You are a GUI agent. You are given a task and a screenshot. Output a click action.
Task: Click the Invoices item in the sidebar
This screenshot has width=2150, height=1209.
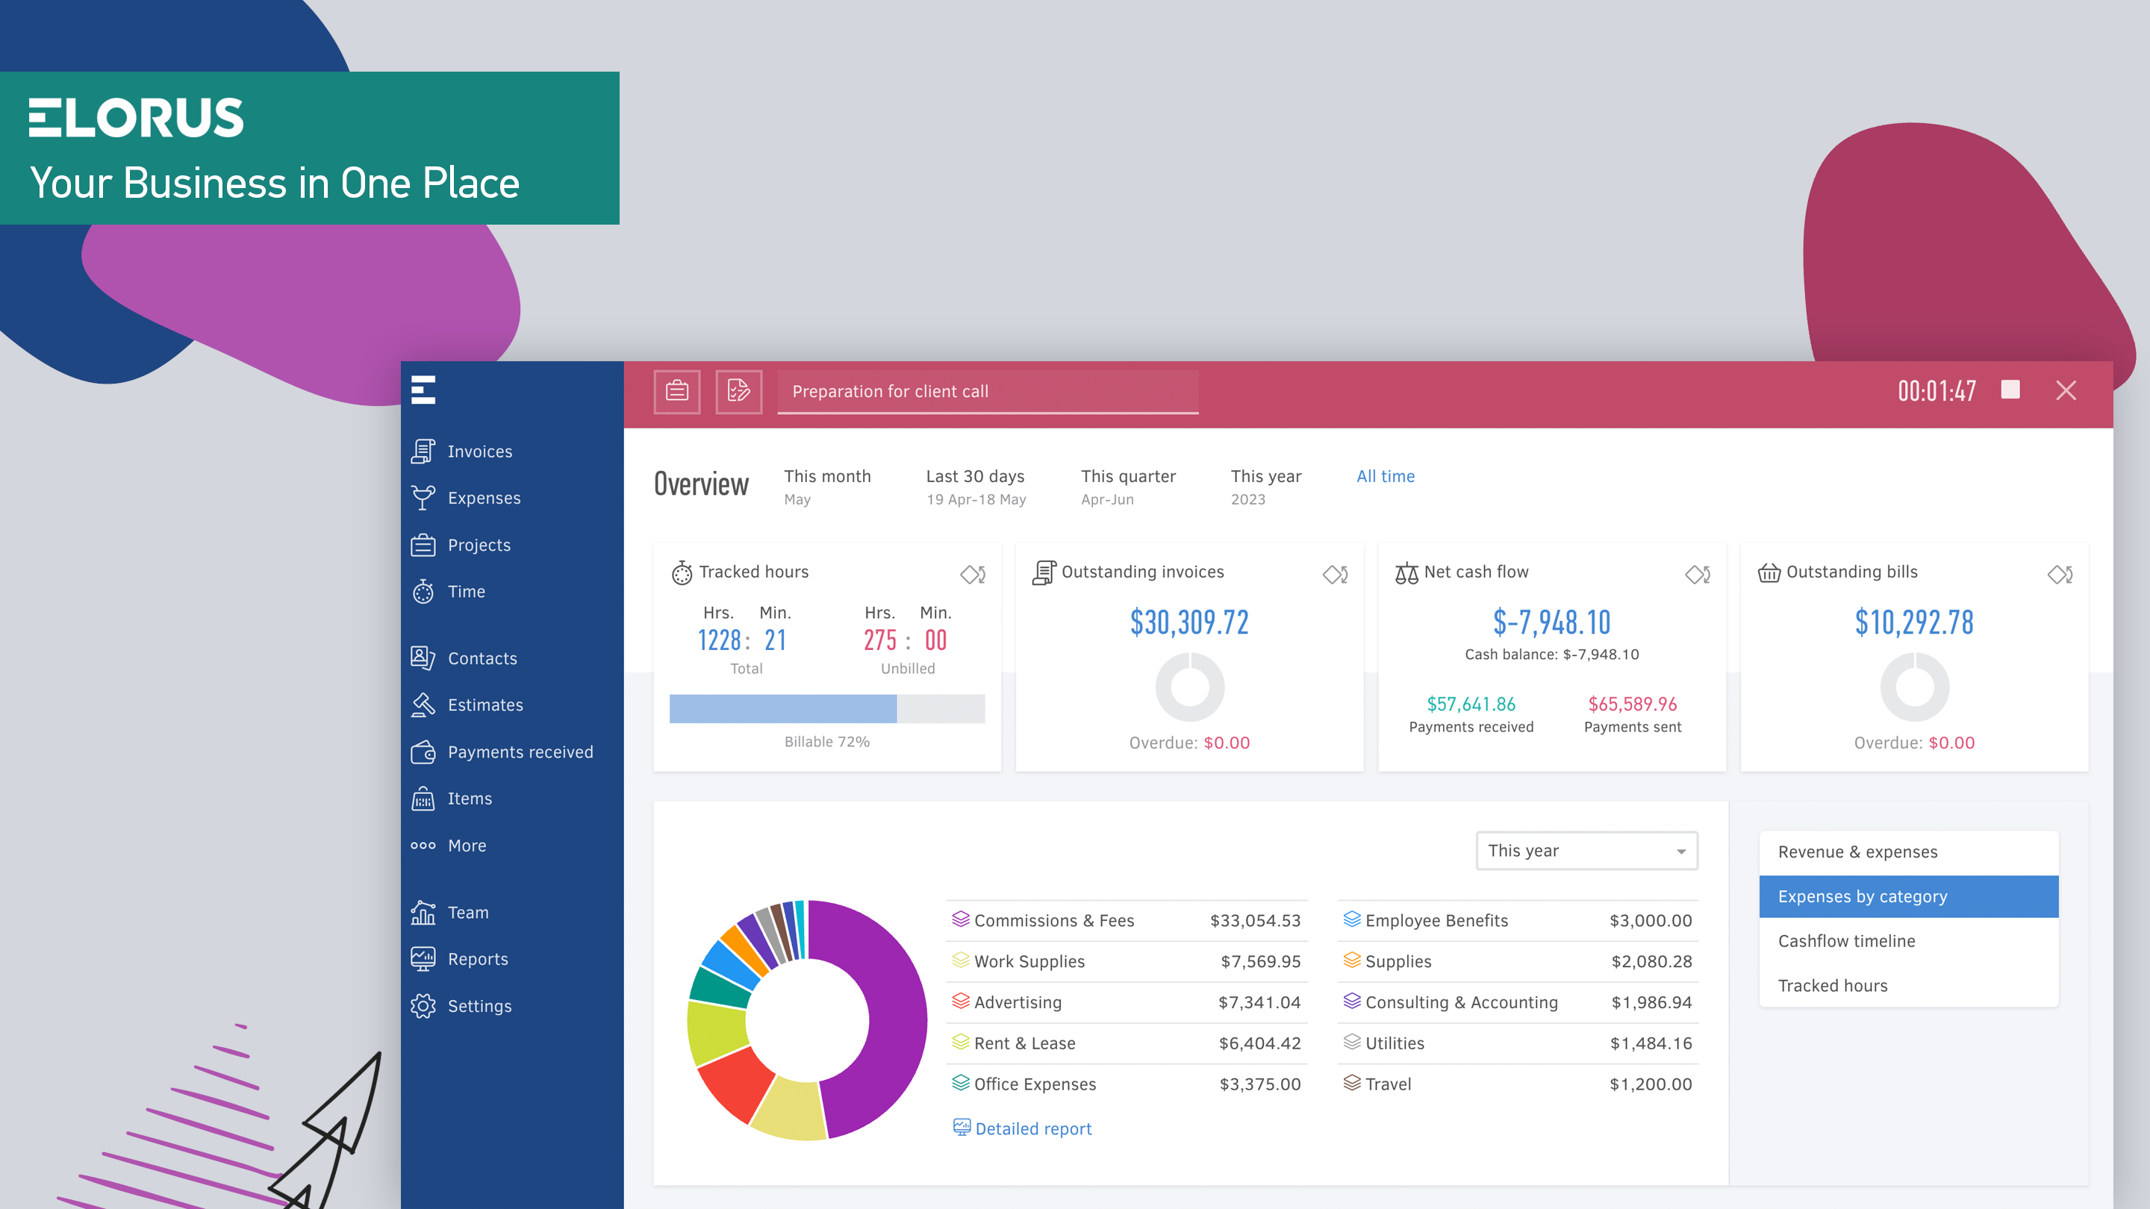[x=479, y=452]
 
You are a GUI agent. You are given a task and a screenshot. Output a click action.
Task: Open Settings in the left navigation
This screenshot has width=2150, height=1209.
[x=479, y=1006]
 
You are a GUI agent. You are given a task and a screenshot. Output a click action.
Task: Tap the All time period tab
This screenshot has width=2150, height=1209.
[x=1385, y=476]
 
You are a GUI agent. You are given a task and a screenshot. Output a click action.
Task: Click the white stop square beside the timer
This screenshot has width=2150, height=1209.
[x=2010, y=390]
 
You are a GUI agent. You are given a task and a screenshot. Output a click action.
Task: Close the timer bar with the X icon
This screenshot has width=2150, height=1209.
[x=2066, y=390]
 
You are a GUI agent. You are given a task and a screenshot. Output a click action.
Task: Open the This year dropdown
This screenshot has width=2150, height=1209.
[x=1586, y=850]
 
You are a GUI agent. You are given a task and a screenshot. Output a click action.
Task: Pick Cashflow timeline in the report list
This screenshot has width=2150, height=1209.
[x=1846, y=941]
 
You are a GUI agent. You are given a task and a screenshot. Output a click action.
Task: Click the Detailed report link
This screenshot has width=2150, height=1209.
[x=1032, y=1129]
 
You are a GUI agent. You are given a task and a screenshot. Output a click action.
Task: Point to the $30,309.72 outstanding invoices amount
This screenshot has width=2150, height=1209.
[x=1188, y=622]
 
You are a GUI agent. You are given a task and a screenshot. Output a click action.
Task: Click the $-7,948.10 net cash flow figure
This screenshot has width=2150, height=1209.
[x=1551, y=622]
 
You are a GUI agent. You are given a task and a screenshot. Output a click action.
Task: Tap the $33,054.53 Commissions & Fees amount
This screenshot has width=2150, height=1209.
[x=1254, y=920]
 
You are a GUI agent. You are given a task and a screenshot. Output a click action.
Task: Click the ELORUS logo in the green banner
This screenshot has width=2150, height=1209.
[x=136, y=118]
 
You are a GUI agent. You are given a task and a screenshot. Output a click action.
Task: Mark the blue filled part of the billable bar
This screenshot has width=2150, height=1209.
[x=782, y=708]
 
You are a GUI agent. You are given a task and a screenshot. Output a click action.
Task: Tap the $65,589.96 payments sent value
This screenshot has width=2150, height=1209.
[x=1632, y=705]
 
